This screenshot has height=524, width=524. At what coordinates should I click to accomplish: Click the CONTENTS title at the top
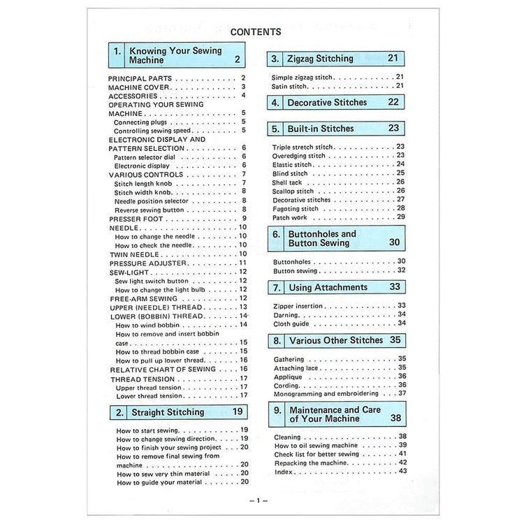255,31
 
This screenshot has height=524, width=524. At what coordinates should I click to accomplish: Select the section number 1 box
117,55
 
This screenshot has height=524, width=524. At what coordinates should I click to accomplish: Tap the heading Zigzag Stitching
320,59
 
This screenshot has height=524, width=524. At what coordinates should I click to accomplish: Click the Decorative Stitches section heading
326,102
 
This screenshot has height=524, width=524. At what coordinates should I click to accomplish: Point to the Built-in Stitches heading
320,129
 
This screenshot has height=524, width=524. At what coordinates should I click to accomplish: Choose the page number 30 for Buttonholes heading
395,242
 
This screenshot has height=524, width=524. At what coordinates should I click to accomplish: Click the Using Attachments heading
327,287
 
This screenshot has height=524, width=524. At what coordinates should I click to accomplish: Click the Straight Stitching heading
168,412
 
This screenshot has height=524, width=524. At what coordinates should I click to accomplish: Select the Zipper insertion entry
298,306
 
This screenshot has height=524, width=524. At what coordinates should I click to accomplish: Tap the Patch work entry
289,217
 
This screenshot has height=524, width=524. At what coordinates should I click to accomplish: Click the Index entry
284,472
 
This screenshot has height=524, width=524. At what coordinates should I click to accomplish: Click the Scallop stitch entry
293,191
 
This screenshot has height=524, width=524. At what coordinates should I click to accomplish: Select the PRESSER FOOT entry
136,219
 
